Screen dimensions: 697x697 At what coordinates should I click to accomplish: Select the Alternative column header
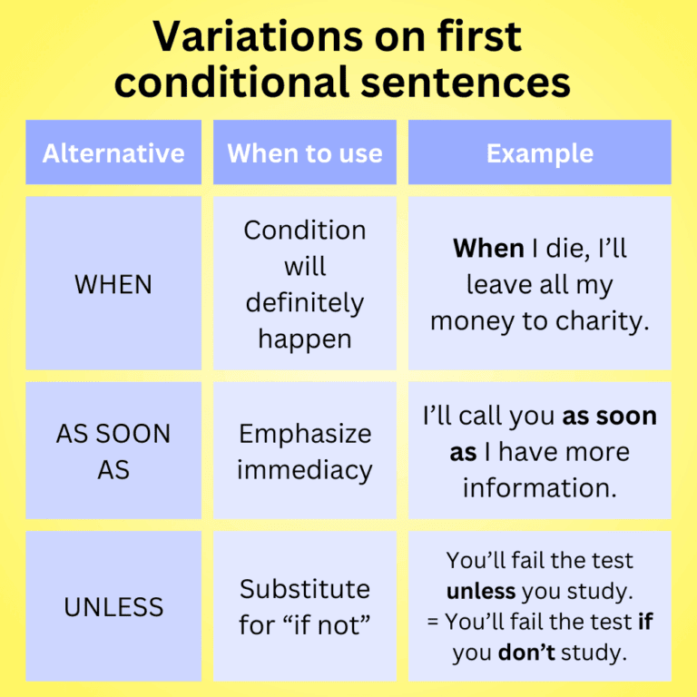pos(113,152)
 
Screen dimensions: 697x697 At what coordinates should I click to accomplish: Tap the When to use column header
pos(305,152)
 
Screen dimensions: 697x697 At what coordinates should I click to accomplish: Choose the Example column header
pos(540,152)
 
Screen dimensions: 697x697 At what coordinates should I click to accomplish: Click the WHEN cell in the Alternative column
pos(113,284)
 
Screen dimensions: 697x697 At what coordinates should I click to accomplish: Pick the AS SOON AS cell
pos(113,452)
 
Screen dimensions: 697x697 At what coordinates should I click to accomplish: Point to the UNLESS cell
pos(113,607)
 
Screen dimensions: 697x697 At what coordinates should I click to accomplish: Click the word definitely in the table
pos(305,302)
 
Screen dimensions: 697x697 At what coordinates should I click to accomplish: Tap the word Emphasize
pos(305,434)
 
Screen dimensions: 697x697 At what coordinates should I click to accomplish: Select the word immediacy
pos(305,470)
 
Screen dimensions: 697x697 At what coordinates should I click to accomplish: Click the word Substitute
pos(305,589)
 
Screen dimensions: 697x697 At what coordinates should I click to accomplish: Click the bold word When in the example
pos(488,248)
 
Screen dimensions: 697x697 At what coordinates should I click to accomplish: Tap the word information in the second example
pos(540,487)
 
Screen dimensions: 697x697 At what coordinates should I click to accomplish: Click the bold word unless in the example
pos(481,592)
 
